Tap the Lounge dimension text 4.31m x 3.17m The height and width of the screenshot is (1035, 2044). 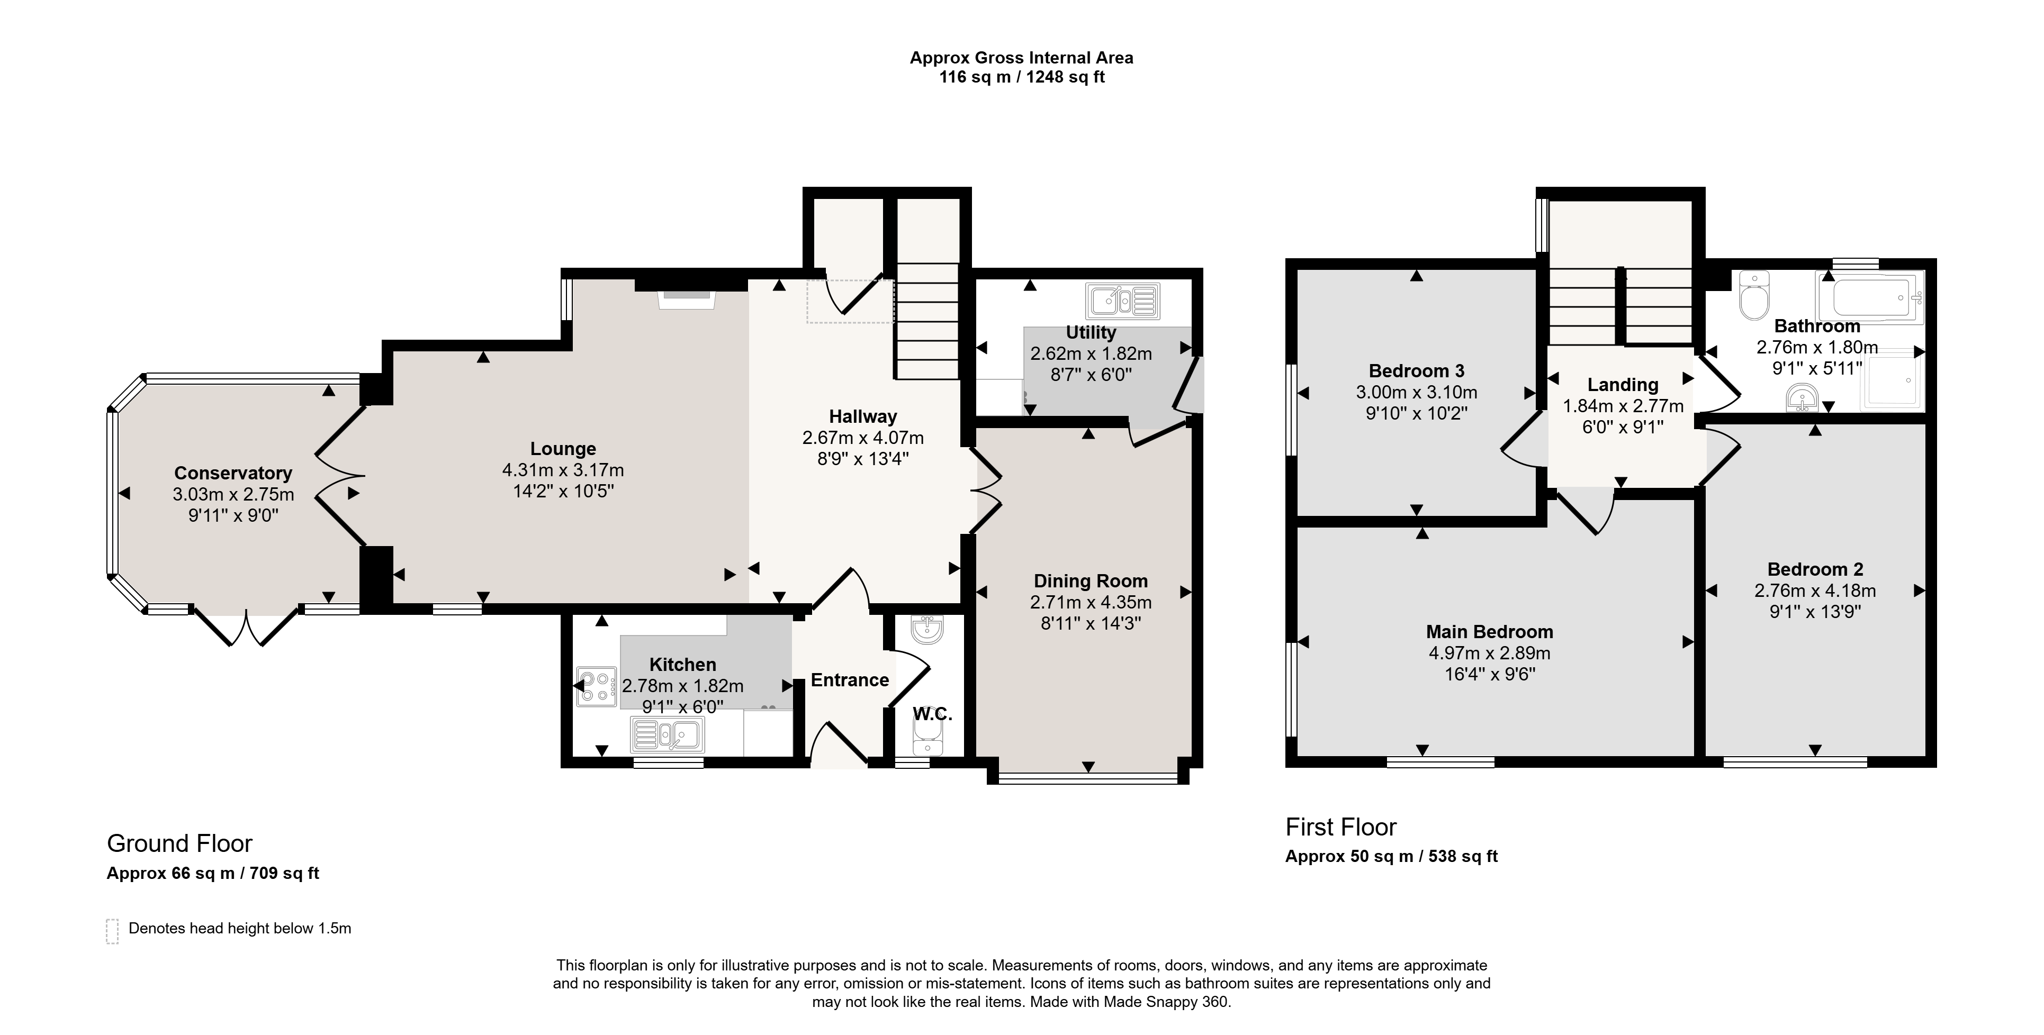563,470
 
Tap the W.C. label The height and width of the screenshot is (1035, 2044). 932,714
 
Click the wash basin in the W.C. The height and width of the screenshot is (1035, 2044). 927,630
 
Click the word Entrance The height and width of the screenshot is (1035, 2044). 850,680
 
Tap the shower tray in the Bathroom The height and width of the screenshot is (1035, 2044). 1892,383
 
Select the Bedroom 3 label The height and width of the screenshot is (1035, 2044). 1416,370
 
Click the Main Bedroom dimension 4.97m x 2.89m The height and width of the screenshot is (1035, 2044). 1489,653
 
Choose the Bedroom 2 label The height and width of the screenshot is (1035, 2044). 1815,569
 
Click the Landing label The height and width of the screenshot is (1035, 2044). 1623,385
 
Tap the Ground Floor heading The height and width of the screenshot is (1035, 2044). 179,843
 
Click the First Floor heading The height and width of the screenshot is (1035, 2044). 1341,827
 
